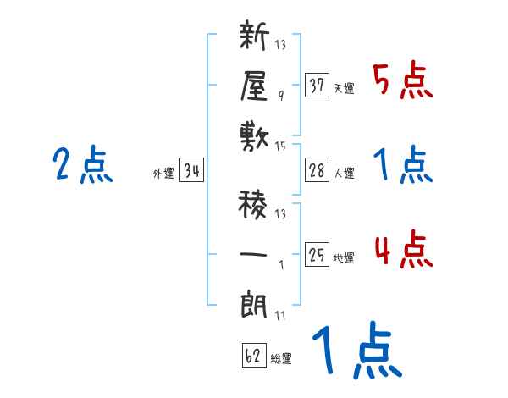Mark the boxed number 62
[253, 356]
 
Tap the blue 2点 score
[82, 164]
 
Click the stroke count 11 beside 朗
[280, 317]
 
